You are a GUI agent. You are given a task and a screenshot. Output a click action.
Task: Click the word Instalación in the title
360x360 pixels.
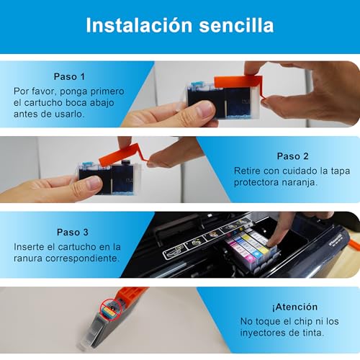coord(139,25)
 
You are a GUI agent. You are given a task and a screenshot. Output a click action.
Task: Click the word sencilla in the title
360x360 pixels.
coord(236,25)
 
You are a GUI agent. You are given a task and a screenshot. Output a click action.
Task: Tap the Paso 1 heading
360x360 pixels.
coord(69,77)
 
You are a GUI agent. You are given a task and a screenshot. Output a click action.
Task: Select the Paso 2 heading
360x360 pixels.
coord(292,156)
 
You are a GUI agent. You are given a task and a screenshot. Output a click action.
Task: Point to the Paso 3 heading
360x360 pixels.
coord(73,233)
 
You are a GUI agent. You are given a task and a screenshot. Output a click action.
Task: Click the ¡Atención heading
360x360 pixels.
coord(294,307)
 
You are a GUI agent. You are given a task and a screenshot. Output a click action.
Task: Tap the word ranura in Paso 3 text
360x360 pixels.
coord(28,258)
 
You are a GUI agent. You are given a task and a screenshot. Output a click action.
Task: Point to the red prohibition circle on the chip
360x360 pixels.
coord(111,310)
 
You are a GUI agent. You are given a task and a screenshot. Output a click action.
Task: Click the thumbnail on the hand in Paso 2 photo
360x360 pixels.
coord(93,184)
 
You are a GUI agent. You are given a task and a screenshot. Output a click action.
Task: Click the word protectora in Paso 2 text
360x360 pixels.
coord(256,183)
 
